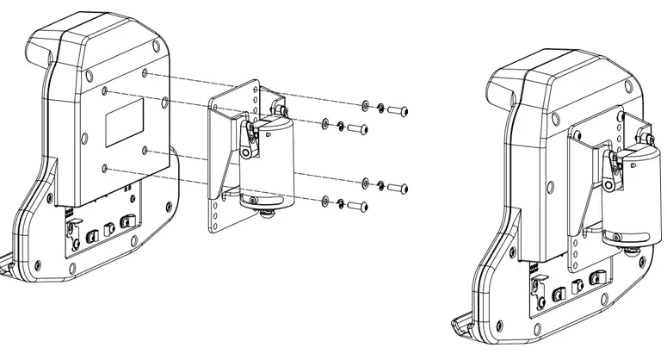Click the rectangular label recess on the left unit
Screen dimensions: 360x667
pyautogui.click(x=123, y=121)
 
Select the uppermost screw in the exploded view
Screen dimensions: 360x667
pyautogui.click(x=398, y=109)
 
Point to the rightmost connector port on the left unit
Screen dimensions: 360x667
pyautogui.click(x=127, y=223)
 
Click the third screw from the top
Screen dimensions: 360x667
pyautogui.click(x=398, y=186)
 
